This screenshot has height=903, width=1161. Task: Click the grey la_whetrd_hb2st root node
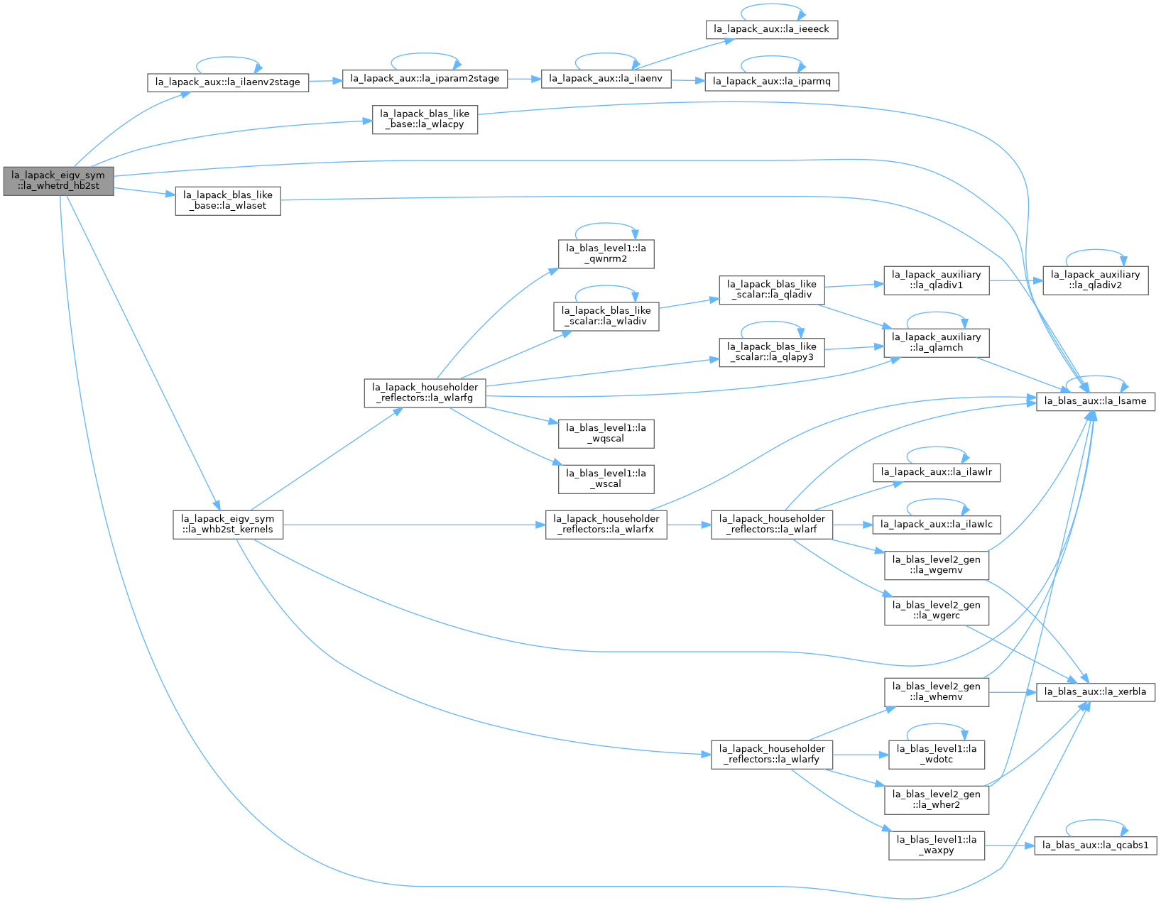tap(58, 181)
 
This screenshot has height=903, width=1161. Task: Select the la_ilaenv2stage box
tap(228, 82)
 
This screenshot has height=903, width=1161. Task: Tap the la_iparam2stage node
tap(424, 79)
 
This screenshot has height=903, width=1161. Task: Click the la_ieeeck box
tap(771, 29)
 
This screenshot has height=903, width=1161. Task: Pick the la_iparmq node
tap(771, 82)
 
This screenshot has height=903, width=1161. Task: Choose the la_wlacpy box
tap(424, 119)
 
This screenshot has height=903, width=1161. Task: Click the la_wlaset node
tap(228, 201)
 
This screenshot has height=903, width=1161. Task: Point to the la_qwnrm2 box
tap(605, 253)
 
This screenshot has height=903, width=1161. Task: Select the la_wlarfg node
tap(424, 393)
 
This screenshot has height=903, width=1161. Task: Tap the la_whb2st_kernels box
tap(228, 525)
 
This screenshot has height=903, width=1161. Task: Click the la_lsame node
tap(1095, 401)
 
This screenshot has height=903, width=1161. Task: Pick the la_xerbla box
tap(1095, 691)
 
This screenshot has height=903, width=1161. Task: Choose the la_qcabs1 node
tap(1095, 845)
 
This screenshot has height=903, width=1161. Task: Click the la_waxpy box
tap(936, 845)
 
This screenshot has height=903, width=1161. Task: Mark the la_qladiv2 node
tap(1095, 280)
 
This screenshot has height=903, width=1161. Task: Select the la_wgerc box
tap(936, 611)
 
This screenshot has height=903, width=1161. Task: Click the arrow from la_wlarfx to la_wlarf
tap(689, 525)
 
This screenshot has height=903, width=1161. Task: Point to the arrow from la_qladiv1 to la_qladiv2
tap(1015, 280)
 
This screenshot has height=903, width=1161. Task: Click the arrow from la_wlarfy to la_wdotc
tap(860, 755)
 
